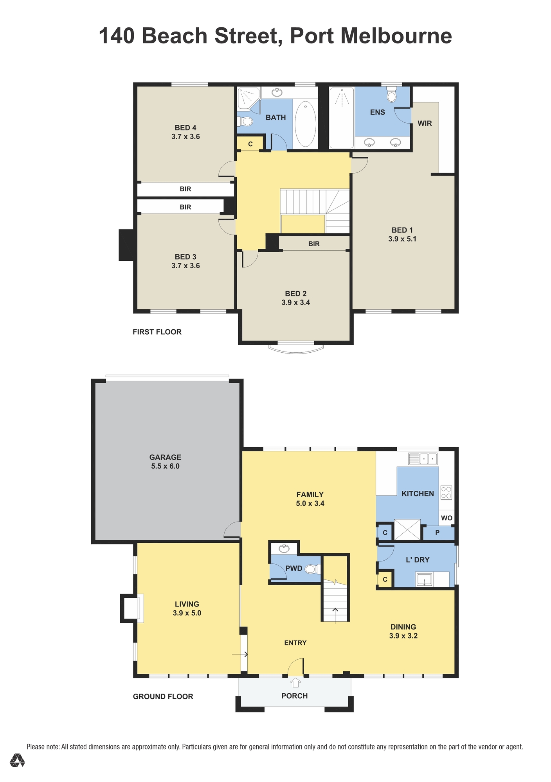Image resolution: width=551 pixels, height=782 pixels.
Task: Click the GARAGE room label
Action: click(x=165, y=457)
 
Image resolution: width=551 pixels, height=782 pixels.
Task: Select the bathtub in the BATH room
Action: click(x=305, y=124)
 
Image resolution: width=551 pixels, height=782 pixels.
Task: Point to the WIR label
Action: click(x=425, y=124)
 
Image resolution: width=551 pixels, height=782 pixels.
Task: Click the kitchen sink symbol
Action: click(x=423, y=459)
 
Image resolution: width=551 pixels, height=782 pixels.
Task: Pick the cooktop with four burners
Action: click(x=446, y=492)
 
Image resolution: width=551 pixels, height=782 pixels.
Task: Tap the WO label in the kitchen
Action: click(x=447, y=518)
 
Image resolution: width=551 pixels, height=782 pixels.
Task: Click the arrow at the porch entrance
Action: click(x=295, y=682)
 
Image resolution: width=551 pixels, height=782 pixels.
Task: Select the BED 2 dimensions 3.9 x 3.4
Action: click(x=295, y=302)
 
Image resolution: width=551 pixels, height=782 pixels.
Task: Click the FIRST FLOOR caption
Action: click(x=157, y=332)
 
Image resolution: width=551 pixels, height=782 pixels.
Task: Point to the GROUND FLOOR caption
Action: click(x=163, y=696)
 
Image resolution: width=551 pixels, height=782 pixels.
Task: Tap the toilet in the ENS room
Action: click(x=391, y=94)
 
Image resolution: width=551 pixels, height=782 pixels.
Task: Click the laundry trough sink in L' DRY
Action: click(x=424, y=579)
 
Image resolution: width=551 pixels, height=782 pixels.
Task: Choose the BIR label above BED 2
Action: click(x=314, y=244)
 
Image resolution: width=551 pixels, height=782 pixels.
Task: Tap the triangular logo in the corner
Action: click(x=17, y=760)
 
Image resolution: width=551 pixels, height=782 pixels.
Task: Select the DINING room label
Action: click(x=403, y=627)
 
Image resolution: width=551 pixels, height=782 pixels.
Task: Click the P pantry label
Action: click(x=438, y=533)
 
